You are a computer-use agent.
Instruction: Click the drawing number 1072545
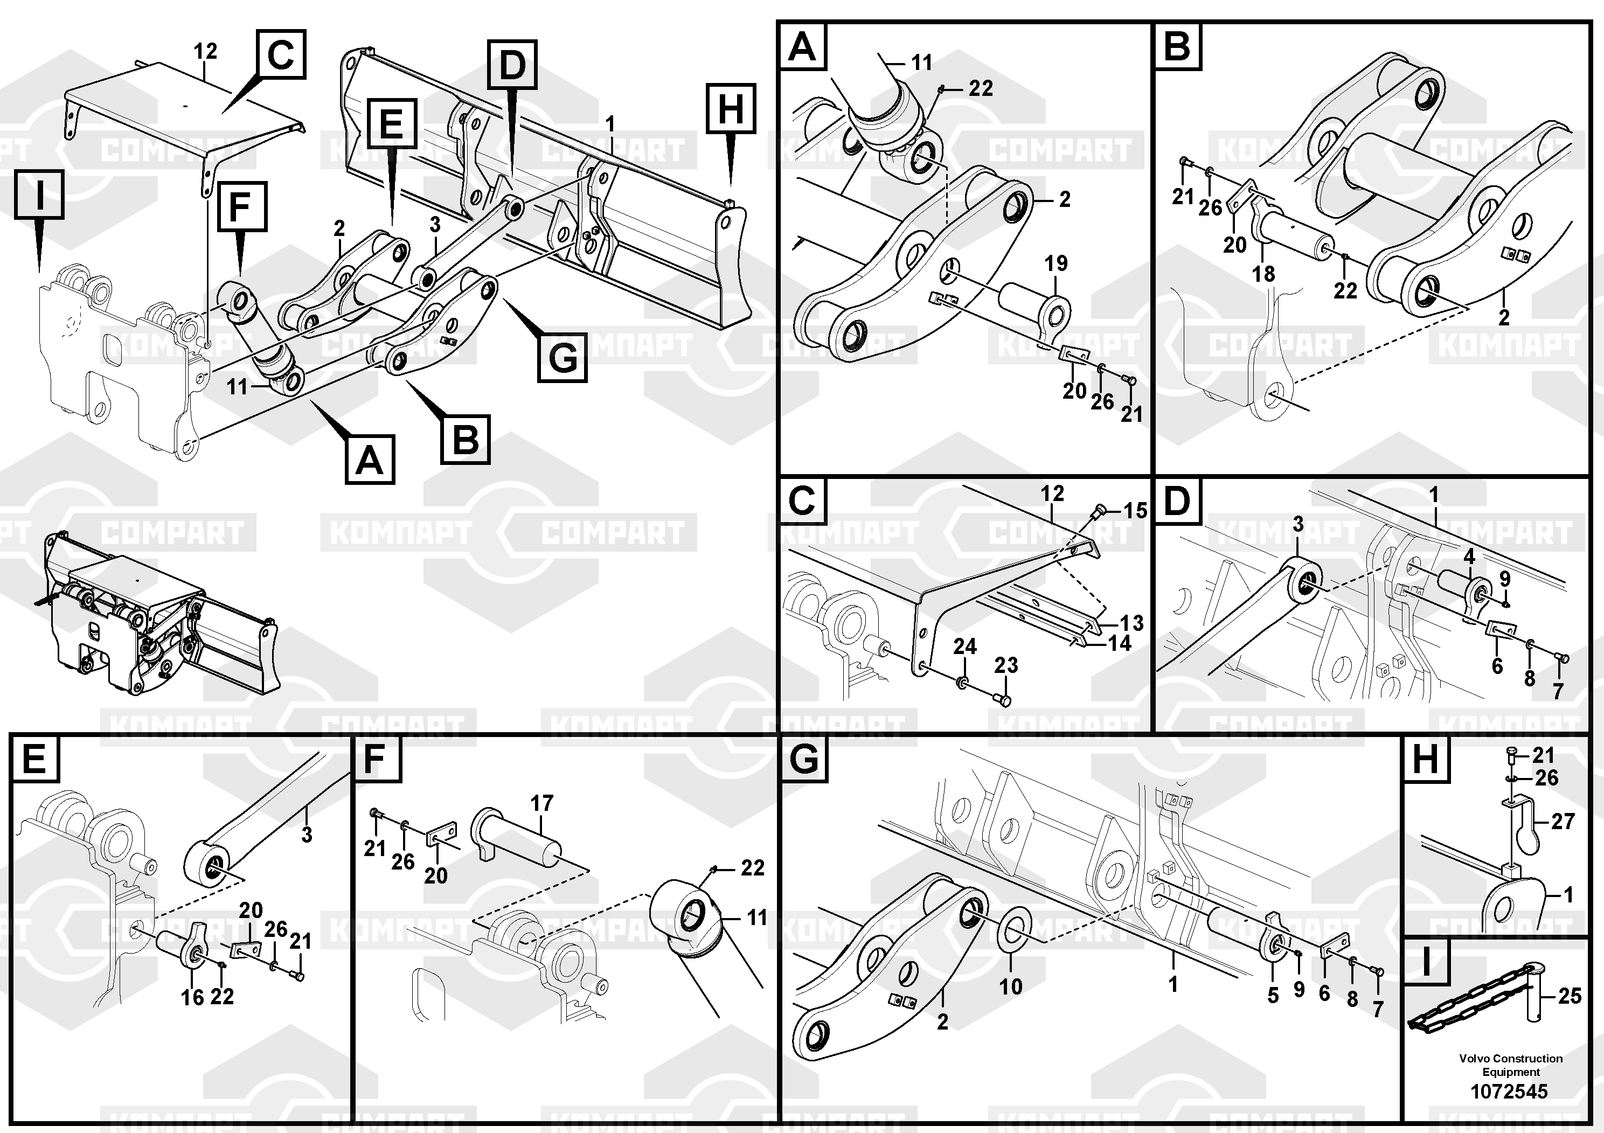(1509, 1090)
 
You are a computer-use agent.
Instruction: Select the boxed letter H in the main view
(730, 108)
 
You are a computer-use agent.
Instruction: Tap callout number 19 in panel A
(1056, 263)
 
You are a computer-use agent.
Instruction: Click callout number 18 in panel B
(1263, 274)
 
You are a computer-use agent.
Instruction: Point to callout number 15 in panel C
(1135, 511)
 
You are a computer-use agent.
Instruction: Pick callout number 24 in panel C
(965, 646)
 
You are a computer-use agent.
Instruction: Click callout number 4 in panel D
(1469, 557)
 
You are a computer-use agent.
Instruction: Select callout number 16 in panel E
(192, 997)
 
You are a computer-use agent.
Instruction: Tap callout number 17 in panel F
(542, 803)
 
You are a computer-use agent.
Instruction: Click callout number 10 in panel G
(1011, 986)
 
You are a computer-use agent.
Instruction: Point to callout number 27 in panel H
(1564, 822)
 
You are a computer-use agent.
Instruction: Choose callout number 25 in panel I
(1570, 996)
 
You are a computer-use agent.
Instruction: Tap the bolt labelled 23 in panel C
(1004, 699)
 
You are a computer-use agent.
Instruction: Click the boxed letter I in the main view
(39, 194)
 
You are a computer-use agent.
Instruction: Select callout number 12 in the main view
(205, 51)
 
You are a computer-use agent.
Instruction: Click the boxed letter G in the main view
(563, 358)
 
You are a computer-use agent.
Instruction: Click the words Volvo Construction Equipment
(1510, 1065)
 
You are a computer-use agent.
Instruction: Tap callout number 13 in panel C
(1131, 622)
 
